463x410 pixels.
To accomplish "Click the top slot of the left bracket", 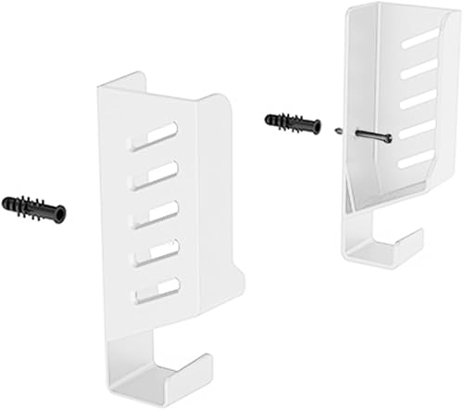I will (155, 136).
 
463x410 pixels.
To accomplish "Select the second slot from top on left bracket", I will (155, 173).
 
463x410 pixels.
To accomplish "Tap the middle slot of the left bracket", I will (155, 212).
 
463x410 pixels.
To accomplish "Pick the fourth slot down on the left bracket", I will (155, 251).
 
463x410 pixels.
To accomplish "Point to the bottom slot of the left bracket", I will (155, 289).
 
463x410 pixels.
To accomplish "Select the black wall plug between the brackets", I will (292, 123).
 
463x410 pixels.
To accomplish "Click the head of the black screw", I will (386, 139).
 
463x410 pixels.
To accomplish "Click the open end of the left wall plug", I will (61, 215).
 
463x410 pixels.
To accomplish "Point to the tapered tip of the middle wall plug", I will (268, 119).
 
